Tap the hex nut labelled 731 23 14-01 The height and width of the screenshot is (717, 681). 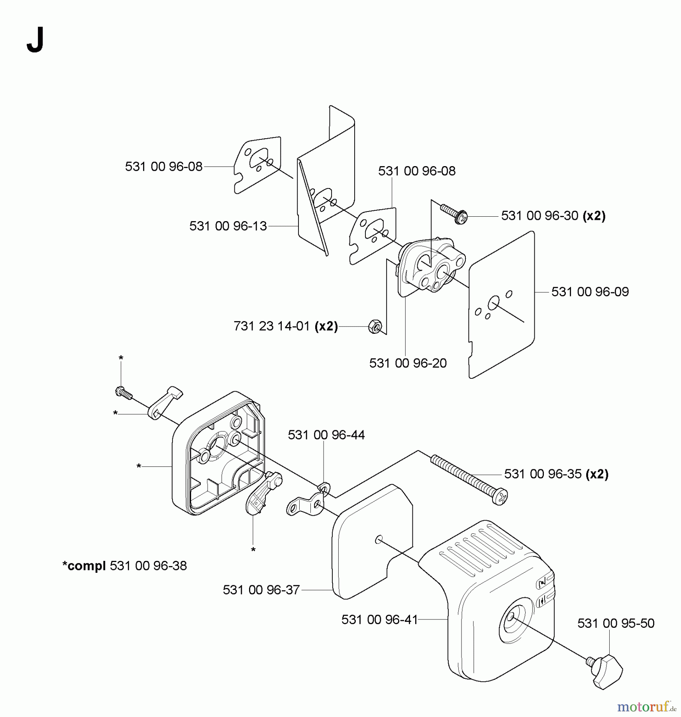tap(375, 326)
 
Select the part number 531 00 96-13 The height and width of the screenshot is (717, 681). tap(228, 226)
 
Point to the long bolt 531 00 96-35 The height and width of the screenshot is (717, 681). tap(469, 480)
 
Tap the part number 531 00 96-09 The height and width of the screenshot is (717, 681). tap(590, 292)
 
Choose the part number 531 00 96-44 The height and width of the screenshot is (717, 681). tap(326, 435)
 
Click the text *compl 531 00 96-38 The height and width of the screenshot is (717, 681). tap(124, 566)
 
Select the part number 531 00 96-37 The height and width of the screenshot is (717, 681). tap(261, 590)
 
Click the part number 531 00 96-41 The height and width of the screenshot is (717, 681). tap(379, 619)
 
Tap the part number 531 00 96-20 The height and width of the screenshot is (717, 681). tap(408, 363)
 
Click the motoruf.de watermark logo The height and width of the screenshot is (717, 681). tap(646, 706)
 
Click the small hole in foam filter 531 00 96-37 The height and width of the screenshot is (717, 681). tap(379, 540)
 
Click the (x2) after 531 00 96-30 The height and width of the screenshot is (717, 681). tap(594, 215)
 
